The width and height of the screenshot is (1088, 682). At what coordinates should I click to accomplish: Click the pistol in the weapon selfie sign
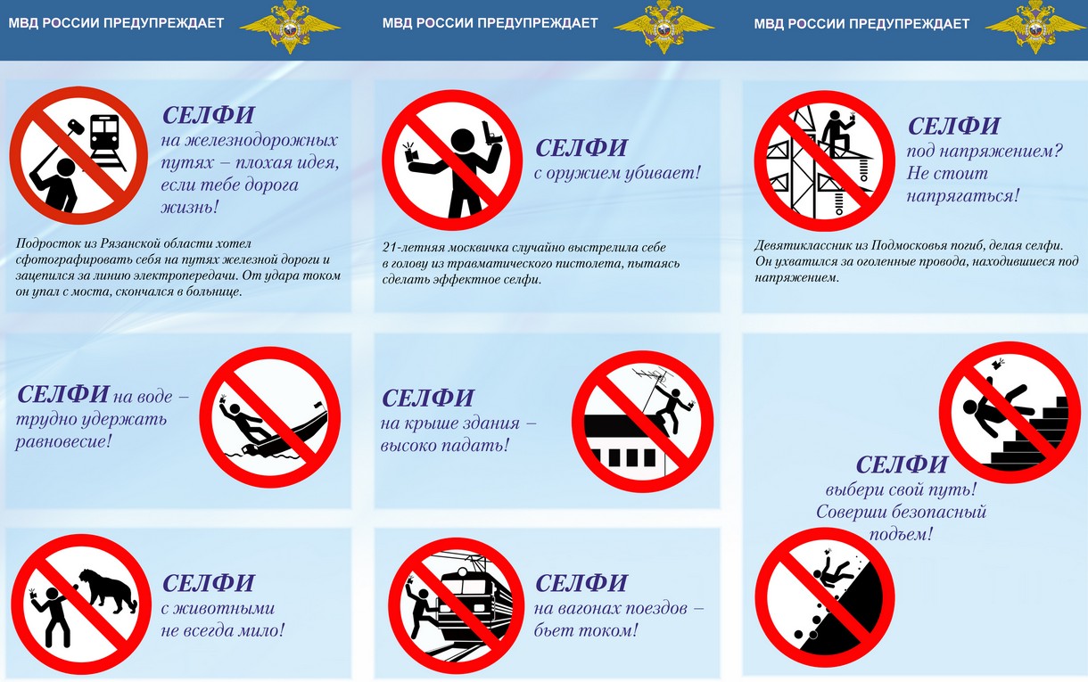click(491, 133)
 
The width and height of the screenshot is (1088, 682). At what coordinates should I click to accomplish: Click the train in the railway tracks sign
click(104, 133)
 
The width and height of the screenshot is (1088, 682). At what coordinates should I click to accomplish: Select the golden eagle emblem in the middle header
click(664, 26)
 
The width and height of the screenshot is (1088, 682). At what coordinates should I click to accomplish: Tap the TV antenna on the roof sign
click(652, 378)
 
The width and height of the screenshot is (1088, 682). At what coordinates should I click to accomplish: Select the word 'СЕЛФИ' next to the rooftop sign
click(427, 398)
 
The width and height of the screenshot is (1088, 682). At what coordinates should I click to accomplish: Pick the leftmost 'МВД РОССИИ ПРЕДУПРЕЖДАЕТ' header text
click(116, 23)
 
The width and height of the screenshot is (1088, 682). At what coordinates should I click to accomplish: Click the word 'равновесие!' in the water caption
click(63, 441)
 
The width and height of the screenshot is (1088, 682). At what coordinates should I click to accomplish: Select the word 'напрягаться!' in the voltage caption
click(962, 195)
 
